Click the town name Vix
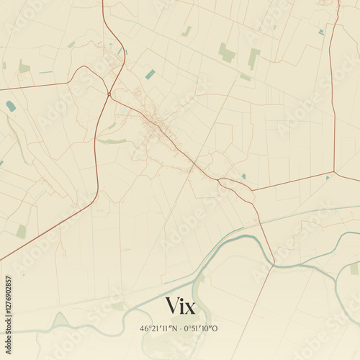(180, 305)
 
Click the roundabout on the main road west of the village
(109, 94)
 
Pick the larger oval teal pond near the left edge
(11, 106)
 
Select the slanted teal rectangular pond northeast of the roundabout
(150, 74)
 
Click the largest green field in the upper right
(227, 53)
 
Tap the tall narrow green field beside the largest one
(253, 58)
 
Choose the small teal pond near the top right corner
(321, 32)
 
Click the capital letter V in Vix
(173, 305)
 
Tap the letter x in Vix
(190, 307)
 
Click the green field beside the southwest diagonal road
(22, 231)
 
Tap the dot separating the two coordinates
(180, 329)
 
